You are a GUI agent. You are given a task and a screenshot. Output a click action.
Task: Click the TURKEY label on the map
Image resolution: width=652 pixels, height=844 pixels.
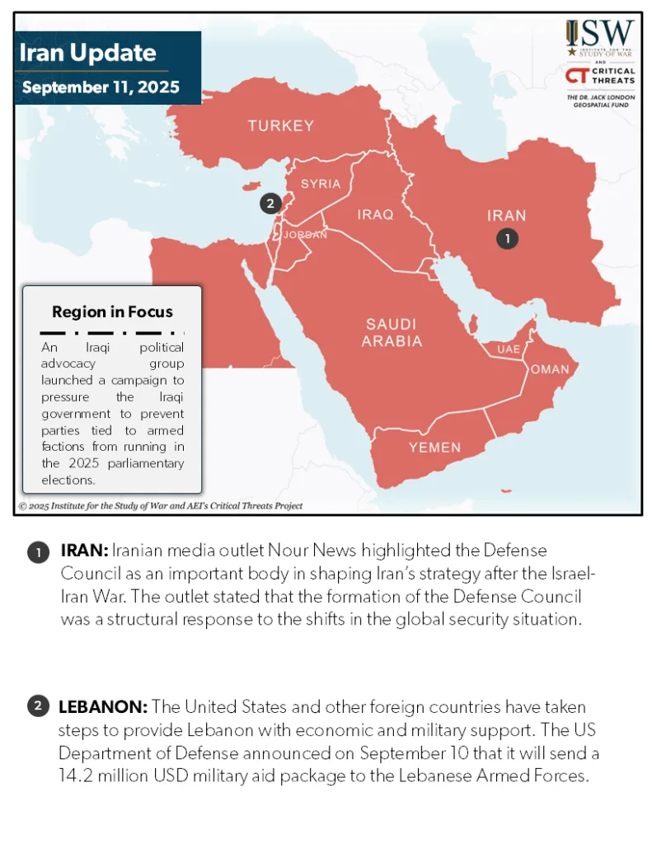tap(281, 126)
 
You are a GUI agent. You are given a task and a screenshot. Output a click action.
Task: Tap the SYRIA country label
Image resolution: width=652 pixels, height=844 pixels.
tap(321, 184)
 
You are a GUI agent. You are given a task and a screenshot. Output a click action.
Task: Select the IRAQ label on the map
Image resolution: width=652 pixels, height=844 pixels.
tap(375, 214)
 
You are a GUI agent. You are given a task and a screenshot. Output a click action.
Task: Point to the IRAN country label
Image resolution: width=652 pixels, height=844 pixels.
tap(506, 216)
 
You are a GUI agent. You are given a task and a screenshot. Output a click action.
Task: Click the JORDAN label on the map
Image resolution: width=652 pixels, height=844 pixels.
tap(305, 235)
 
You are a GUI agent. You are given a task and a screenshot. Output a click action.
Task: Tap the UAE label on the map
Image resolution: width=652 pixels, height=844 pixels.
tap(509, 349)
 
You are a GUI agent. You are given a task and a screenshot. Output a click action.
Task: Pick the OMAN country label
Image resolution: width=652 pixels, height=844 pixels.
tap(549, 369)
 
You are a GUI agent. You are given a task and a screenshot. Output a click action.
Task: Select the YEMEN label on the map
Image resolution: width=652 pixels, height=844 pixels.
tap(434, 448)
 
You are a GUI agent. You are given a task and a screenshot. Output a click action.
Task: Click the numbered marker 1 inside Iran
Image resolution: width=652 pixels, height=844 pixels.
tap(507, 238)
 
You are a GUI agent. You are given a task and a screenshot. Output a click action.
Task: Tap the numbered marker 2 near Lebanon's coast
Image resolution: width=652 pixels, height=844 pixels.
tap(270, 203)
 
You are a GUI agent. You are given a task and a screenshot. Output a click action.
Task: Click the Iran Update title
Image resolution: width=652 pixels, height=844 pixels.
tap(87, 54)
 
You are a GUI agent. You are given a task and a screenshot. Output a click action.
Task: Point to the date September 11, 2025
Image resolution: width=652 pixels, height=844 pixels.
tap(101, 87)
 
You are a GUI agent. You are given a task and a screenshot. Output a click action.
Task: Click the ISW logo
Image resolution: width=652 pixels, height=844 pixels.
tap(600, 37)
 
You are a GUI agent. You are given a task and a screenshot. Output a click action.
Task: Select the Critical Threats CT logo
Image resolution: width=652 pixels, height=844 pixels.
tap(600, 77)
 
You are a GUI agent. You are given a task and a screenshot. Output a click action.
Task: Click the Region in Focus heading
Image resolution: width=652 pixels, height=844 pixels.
tap(112, 312)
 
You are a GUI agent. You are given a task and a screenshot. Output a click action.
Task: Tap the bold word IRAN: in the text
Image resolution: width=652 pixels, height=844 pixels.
tap(84, 550)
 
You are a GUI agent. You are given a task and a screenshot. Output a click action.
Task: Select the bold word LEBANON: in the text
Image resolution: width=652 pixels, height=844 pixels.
tap(103, 707)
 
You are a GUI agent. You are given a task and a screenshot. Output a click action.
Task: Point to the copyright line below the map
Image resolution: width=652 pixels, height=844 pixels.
tap(161, 506)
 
